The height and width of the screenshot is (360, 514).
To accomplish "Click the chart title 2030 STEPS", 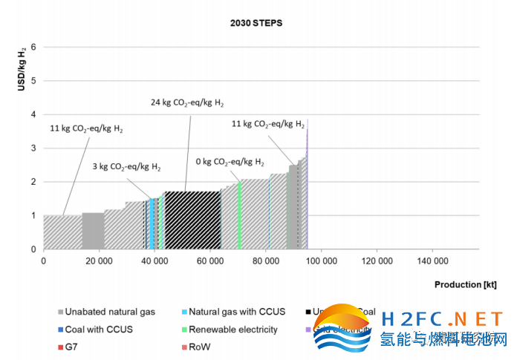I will (256, 23).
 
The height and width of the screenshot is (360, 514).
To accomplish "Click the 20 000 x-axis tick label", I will (99, 261).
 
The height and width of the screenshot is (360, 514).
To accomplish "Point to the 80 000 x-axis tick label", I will (265, 261).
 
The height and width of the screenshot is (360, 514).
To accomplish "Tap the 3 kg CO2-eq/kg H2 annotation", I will (126, 166).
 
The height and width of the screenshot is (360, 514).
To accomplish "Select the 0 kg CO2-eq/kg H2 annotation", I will (230, 161).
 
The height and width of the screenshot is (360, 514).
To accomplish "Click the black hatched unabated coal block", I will (193, 220).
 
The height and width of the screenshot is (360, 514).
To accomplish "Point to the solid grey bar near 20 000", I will (93, 231).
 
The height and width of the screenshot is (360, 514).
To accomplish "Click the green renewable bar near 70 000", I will (239, 215).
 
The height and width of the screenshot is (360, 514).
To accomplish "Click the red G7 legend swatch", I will (60, 347).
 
